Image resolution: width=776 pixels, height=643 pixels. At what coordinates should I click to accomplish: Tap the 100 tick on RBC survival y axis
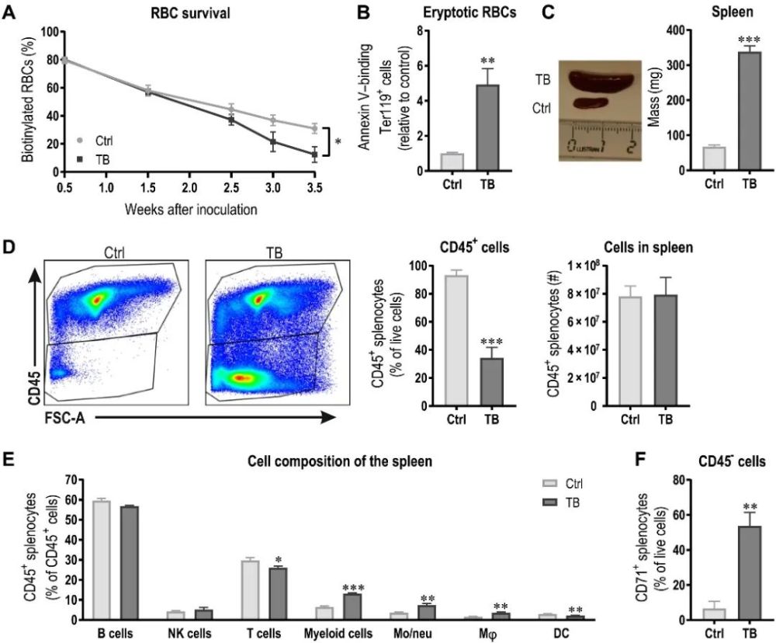pyautogui.click(x=51, y=32)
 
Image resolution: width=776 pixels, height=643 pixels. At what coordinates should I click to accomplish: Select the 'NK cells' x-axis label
pyautogui.click(x=186, y=633)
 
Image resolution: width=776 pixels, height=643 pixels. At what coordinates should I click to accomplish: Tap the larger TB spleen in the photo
pyautogui.click(x=603, y=80)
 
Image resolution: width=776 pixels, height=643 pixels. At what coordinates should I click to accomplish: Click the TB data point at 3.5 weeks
pyautogui.click(x=313, y=154)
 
